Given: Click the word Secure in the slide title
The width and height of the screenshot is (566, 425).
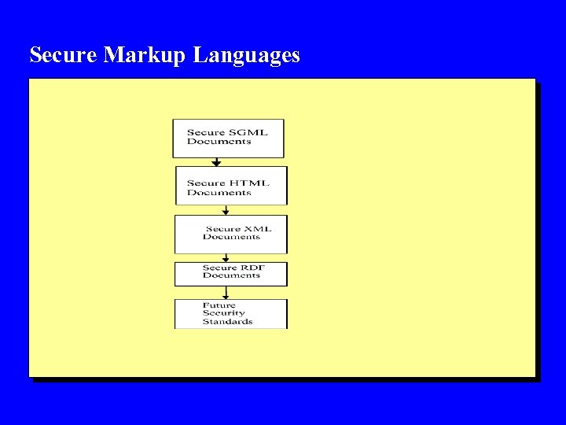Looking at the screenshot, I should [64, 55].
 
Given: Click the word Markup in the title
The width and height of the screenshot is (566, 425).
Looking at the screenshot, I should [146, 55].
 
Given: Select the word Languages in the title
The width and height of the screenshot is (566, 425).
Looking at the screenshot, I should [246, 56].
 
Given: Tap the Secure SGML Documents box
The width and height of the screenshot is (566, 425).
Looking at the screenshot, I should [228, 138].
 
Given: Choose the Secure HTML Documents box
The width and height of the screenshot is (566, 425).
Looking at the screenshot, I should [231, 186].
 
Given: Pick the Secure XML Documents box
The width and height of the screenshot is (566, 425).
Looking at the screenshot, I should [231, 234].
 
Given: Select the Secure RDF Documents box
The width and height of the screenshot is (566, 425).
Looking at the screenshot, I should [231, 273].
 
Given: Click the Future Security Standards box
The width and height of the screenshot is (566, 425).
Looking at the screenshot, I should [231, 313].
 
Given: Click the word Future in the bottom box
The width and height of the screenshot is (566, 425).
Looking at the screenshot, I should [219, 305].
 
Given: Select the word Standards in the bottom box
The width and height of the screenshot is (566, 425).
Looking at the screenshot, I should [227, 321].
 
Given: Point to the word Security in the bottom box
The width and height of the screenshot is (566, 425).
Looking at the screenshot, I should [223, 313].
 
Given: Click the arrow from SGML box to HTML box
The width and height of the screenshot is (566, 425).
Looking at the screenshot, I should [216, 162].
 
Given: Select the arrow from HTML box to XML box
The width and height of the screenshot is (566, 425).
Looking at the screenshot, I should [226, 210].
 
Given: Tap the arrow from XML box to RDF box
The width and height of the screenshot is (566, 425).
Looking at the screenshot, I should [226, 257].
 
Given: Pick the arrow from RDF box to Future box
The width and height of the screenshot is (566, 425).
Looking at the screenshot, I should [226, 293].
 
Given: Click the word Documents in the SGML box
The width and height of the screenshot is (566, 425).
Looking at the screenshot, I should [219, 142].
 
